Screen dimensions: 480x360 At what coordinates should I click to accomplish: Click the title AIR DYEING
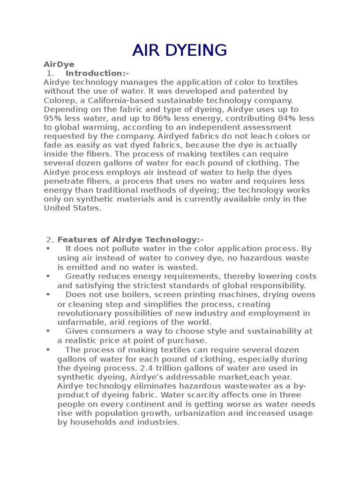(x=180, y=50)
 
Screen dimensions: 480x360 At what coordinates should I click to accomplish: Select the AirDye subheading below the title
(x=59, y=64)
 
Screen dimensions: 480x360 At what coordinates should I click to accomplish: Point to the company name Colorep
(x=59, y=100)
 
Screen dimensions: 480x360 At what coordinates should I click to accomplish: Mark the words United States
(x=72, y=208)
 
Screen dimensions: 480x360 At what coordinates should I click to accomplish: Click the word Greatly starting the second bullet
(x=80, y=276)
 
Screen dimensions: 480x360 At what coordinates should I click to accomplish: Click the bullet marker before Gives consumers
(x=48, y=331)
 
